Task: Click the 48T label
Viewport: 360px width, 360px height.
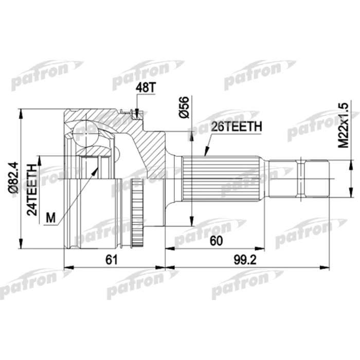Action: click(x=145, y=88)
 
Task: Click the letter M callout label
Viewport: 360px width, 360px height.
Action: click(x=50, y=218)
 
